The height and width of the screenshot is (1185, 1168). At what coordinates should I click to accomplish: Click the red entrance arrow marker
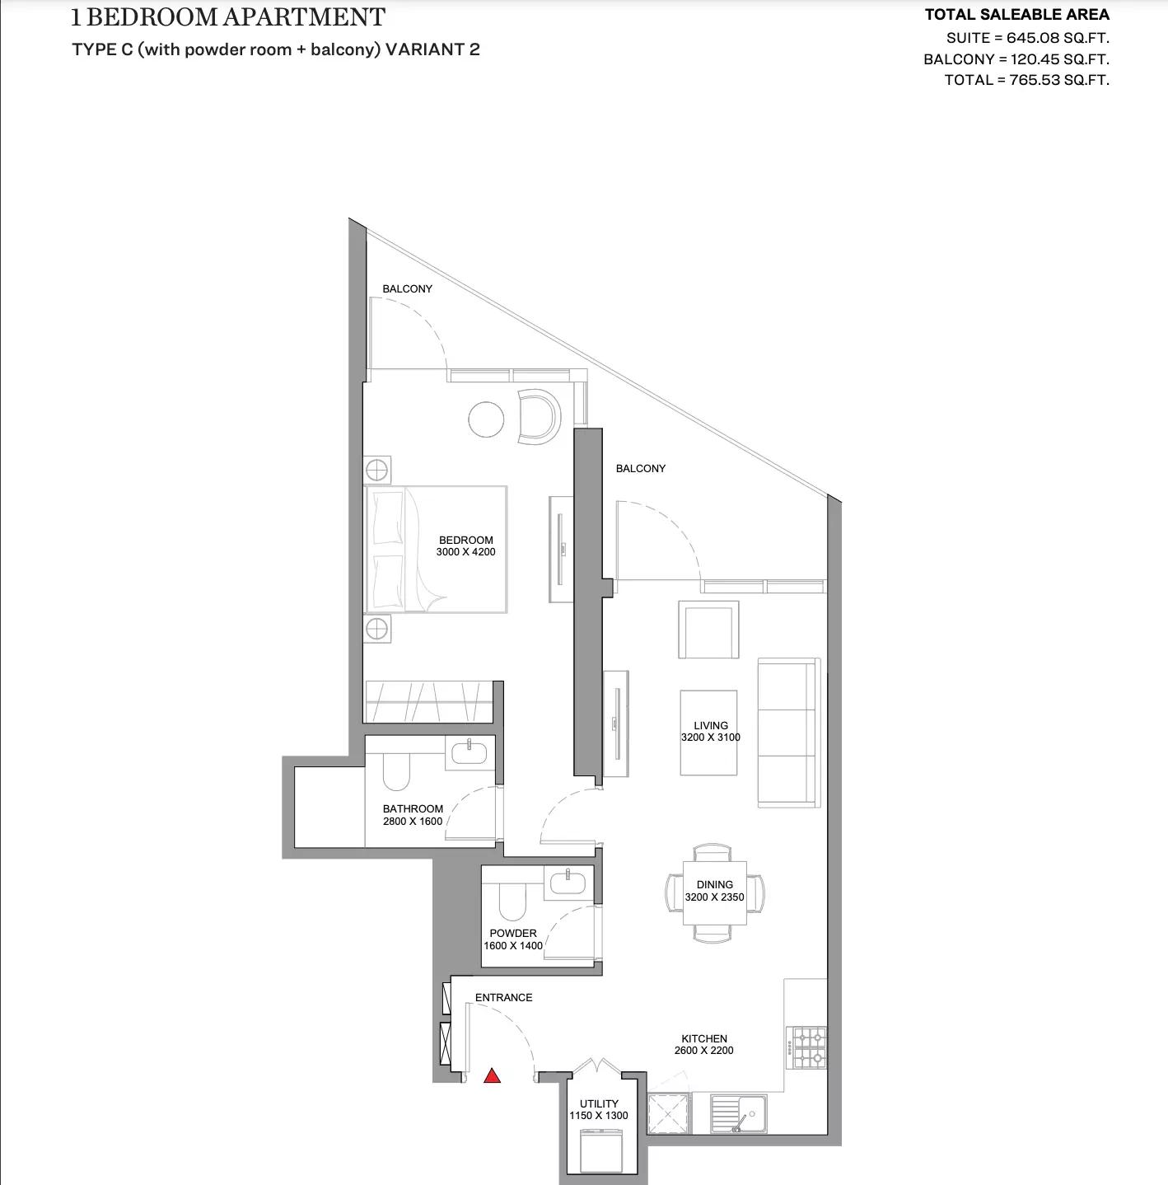pyautogui.click(x=492, y=1075)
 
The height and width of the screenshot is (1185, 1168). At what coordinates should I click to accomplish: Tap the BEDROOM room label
pyautogui.click(x=466, y=546)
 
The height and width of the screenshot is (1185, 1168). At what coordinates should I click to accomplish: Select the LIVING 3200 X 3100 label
pyautogui.click(x=710, y=732)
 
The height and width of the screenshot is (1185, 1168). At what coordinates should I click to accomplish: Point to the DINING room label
pyautogui.click(x=714, y=891)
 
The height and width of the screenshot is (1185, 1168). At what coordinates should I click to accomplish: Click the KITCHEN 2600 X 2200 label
pyautogui.click(x=703, y=1045)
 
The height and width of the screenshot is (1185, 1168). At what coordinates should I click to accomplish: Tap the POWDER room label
pyautogui.click(x=513, y=939)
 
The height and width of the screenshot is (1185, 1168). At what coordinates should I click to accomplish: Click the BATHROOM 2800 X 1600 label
pyautogui.click(x=413, y=815)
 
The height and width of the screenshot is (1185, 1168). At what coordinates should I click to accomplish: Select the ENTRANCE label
pyautogui.click(x=503, y=998)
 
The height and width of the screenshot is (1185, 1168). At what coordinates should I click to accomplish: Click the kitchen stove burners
pyautogui.click(x=807, y=1047)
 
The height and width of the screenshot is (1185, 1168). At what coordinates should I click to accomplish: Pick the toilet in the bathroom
pyautogui.click(x=396, y=770)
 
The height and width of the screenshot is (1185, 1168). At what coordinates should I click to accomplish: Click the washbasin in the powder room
pyautogui.click(x=567, y=882)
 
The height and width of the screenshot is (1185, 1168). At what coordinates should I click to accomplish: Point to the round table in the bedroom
pyautogui.click(x=486, y=419)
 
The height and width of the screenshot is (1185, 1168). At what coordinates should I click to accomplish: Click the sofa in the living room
pyautogui.click(x=788, y=733)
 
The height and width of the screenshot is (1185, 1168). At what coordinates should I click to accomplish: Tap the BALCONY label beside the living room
pyautogui.click(x=640, y=469)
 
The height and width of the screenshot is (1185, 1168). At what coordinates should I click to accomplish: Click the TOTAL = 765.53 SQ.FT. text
pyautogui.click(x=1026, y=80)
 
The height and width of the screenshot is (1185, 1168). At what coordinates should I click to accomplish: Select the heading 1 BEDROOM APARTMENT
pyautogui.click(x=228, y=17)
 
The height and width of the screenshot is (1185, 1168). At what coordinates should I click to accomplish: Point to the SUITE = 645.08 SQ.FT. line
pyautogui.click(x=1027, y=38)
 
